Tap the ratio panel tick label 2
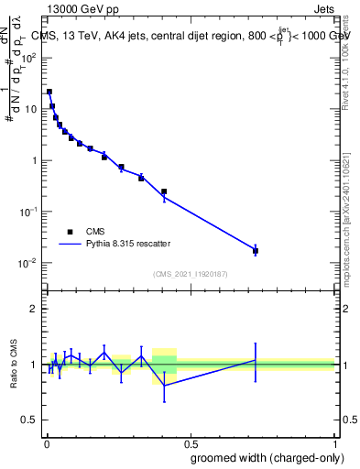(x=34, y=309)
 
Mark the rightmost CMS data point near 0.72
(x=256, y=250)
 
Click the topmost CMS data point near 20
(x=49, y=92)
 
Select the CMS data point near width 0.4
(x=164, y=191)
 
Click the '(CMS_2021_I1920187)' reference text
(x=191, y=273)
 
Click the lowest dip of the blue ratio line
(x=164, y=386)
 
